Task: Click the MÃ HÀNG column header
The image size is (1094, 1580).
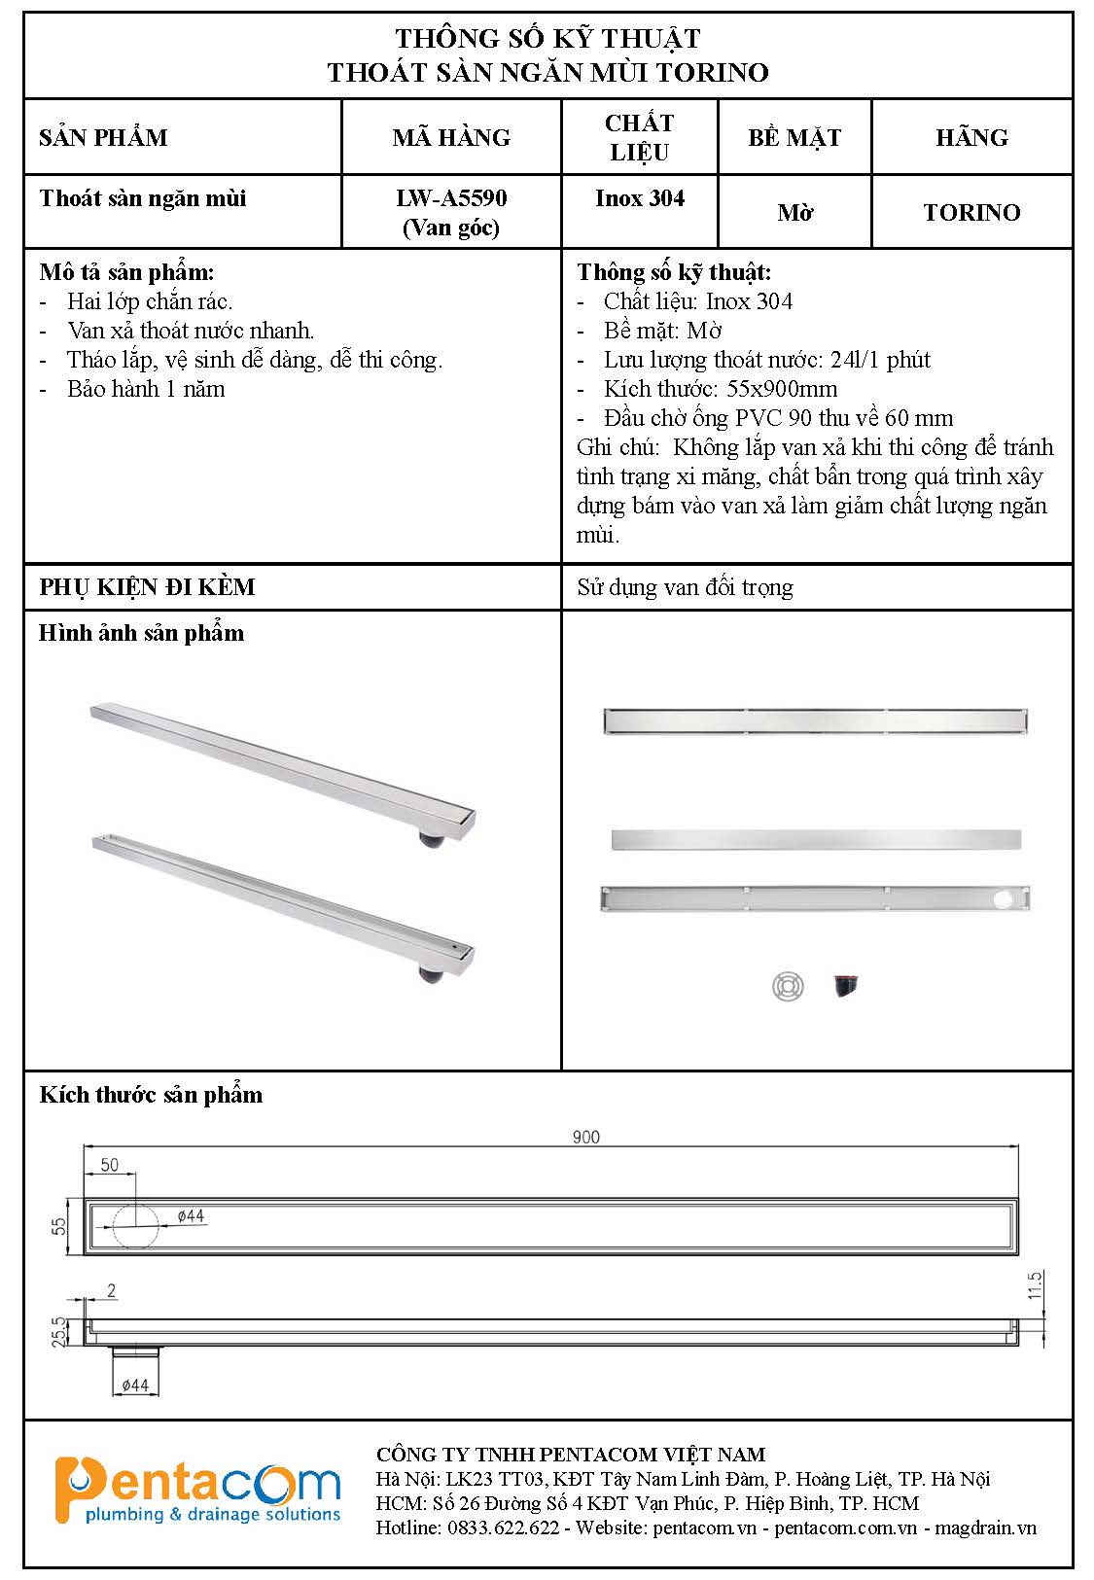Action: coord(451,137)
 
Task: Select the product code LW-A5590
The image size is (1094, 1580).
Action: coord(451,198)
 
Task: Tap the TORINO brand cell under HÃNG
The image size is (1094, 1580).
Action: coord(971,213)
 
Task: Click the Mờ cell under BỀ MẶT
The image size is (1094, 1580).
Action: coord(794,213)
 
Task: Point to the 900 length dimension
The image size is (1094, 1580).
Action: coord(586,1137)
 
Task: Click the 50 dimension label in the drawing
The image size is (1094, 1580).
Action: coord(109,1165)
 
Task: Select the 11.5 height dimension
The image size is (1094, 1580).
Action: coord(1035,1284)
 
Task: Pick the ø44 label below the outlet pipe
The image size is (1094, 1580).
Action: coord(134,1385)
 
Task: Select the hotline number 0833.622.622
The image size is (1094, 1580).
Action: coord(504,1527)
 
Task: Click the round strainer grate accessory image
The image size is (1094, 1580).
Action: coord(788,986)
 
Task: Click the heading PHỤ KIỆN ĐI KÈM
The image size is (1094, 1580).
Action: coord(148,587)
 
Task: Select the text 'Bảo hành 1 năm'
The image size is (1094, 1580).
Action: coord(146,389)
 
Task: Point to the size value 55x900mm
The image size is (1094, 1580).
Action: coord(782,389)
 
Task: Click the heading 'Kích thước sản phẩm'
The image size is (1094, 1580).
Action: coord(151,1095)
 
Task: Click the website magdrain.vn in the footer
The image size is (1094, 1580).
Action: coord(985,1527)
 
